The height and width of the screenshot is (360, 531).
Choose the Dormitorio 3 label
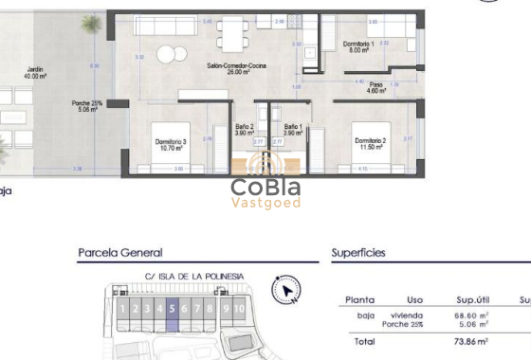coord(171,144)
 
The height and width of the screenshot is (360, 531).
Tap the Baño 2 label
coord(245,130)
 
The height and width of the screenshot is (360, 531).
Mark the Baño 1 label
coord(293,130)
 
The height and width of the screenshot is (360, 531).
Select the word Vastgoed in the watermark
coord(265,203)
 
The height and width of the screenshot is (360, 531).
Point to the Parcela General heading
coord(119,253)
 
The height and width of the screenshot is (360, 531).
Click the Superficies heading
coord(358,253)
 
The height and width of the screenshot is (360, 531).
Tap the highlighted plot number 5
coord(171,308)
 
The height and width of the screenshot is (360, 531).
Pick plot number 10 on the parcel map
coord(240,308)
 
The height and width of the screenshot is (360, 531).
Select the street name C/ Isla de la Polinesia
coord(191,277)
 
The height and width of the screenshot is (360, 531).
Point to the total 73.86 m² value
coord(469,340)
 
